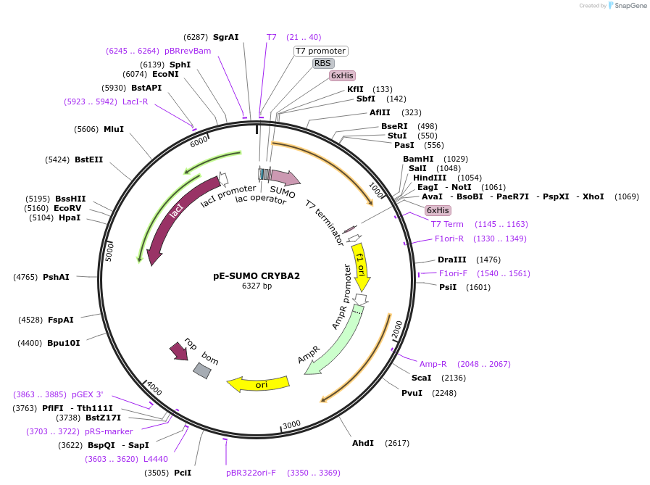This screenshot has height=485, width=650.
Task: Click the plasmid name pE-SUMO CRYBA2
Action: pyautogui.click(x=257, y=275)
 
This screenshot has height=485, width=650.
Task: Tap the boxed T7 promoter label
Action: pyautogui.click(x=320, y=51)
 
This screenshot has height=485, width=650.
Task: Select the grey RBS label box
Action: pyautogui.click(x=322, y=63)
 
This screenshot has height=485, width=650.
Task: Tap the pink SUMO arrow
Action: pyautogui.click(x=285, y=178)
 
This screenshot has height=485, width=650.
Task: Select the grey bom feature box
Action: pyautogui.click(x=202, y=370)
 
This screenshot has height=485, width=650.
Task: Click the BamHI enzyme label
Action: pyautogui.click(x=418, y=159)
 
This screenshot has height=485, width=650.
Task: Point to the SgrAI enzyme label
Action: pyautogui.click(x=225, y=37)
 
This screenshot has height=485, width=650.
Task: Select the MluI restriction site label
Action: pyautogui.click(x=114, y=129)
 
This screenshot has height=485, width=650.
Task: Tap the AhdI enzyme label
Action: pyautogui.click(x=362, y=443)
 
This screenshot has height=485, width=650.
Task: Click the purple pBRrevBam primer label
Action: pyautogui.click(x=188, y=51)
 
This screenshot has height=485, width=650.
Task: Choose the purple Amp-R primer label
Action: pyautogui.click(x=433, y=364)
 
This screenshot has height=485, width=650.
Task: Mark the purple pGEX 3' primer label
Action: pyautogui.click(x=87, y=394)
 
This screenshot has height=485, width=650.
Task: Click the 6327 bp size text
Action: pyautogui.click(x=257, y=286)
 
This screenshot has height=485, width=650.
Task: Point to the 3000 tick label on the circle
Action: pyautogui.click(x=291, y=424)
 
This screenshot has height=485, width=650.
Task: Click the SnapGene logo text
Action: pyautogui.click(x=628, y=6)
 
